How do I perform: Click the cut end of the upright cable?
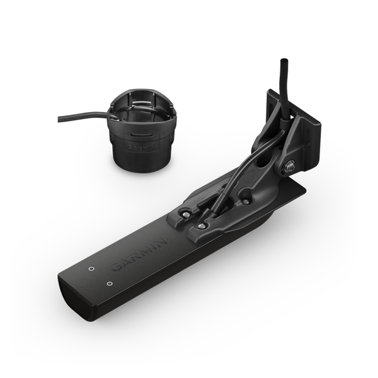(x=283, y=59)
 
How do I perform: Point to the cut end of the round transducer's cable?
(x=59, y=119)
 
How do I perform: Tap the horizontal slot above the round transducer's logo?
(x=142, y=134)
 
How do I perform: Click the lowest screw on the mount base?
(x=201, y=226)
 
